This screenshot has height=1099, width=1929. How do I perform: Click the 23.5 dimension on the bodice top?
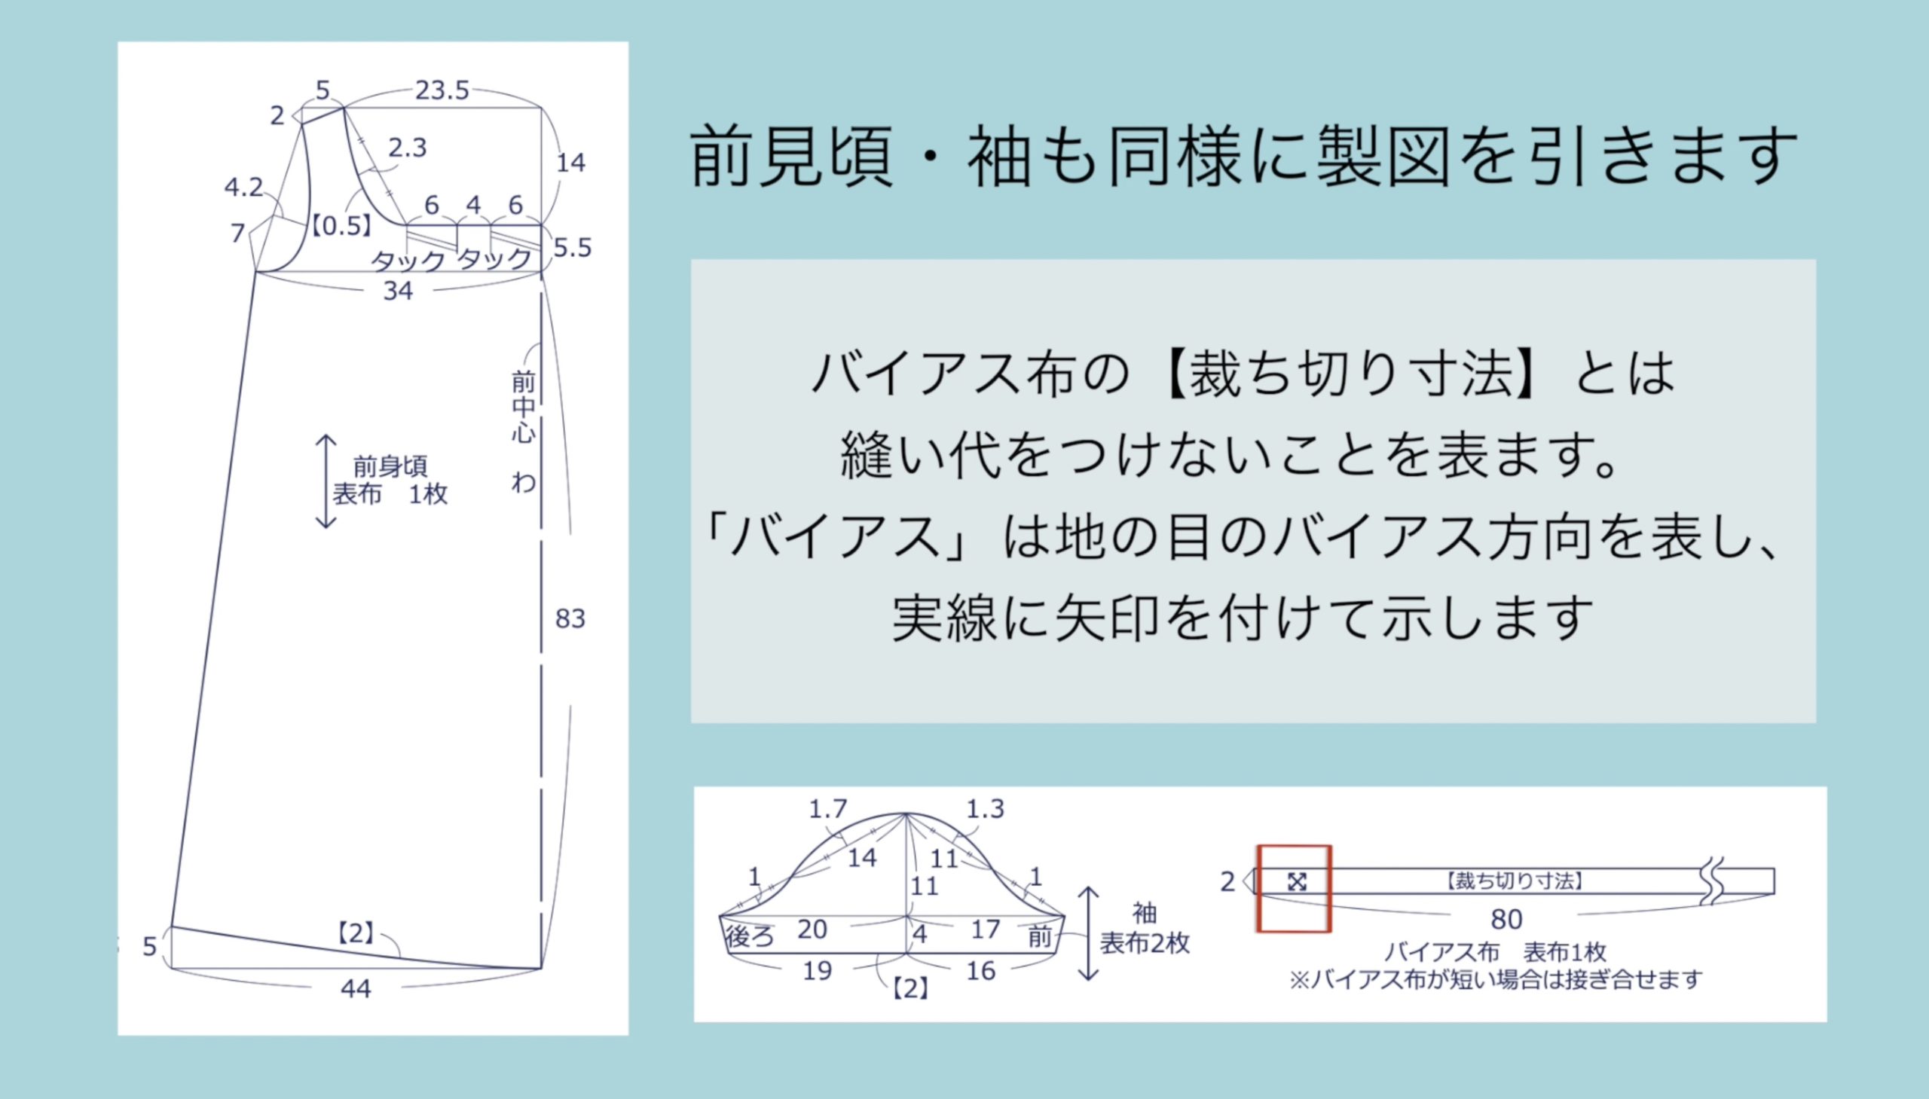(442, 91)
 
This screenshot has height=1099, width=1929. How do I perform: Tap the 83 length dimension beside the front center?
(570, 619)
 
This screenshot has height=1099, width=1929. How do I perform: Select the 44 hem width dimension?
(356, 989)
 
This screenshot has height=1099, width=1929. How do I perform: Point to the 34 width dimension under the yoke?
(398, 292)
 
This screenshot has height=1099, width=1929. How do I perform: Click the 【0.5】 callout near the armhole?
(342, 226)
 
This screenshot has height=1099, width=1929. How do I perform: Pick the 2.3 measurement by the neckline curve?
(408, 148)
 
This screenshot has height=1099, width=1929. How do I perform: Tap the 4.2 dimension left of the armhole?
(243, 188)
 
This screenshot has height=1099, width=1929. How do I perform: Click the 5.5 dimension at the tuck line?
(572, 248)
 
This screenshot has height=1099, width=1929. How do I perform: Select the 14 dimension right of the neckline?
(570, 162)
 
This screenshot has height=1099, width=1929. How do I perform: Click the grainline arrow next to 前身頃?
(326, 481)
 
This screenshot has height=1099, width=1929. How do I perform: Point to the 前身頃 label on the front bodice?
(390, 466)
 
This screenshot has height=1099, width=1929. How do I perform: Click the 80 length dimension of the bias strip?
(1506, 920)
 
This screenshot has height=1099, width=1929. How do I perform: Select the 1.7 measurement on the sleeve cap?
(828, 810)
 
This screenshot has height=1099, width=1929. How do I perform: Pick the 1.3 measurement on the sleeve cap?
(986, 809)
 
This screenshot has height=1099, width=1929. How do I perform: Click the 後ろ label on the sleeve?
(750, 937)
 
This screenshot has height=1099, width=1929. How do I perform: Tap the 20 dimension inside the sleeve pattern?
(812, 930)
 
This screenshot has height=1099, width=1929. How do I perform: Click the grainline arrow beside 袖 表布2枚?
(1088, 934)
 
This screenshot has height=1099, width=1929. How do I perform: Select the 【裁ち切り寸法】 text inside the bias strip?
(1514, 881)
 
